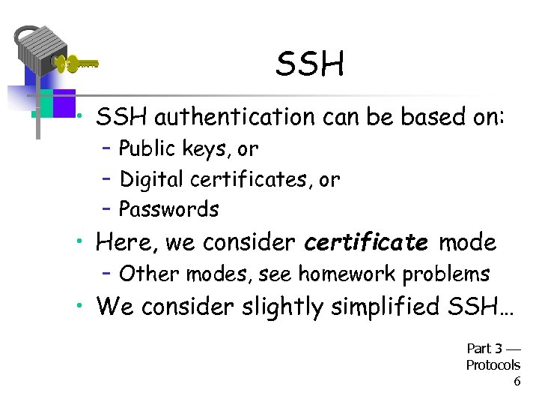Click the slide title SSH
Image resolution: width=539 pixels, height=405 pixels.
(310, 64)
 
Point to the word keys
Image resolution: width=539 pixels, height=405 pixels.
(204, 150)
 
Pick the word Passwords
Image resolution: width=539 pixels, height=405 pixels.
(169, 209)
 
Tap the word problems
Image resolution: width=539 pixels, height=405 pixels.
(446, 274)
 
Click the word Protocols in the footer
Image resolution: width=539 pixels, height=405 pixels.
(493, 365)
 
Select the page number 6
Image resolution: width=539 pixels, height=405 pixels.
(516, 381)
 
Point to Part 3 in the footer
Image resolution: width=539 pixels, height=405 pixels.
(484, 348)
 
